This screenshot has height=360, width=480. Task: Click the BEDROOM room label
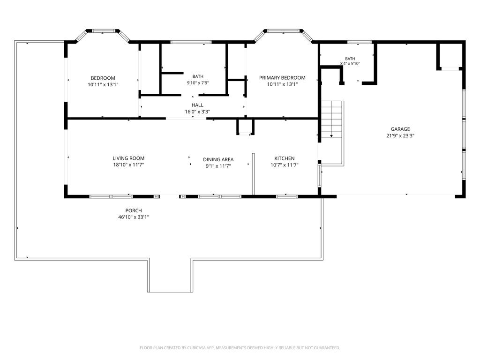click(x=103, y=78)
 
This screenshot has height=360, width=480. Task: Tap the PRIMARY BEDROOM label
click(x=282, y=78)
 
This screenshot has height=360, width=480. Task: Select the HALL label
click(x=197, y=105)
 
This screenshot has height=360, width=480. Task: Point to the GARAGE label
click(x=400, y=129)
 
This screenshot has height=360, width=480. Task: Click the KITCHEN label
click(x=285, y=158)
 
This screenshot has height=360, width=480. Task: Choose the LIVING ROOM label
click(x=128, y=158)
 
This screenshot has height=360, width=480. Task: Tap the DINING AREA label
click(x=218, y=159)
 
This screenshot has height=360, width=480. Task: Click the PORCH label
click(x=134, y=210)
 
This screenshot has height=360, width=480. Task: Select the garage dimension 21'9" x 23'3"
click(x=400, y=136)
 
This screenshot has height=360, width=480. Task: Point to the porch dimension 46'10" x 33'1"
click(x=134, y=217)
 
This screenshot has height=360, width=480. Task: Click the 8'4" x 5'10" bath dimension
click(x=350, y=64)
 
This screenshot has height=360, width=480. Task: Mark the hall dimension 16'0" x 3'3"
click(x=197, y=112)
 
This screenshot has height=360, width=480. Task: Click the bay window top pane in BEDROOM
click(x=104, y=31)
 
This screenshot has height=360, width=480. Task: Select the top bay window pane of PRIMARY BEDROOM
click(x=283, y=31)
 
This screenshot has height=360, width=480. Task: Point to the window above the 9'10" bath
click(x=191, y=42)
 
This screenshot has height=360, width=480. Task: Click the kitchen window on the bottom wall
click(x=287, y=196)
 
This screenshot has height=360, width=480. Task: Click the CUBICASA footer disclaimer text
click(x=240, y=348)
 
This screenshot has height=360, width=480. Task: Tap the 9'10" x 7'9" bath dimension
click(x=198, y=83)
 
